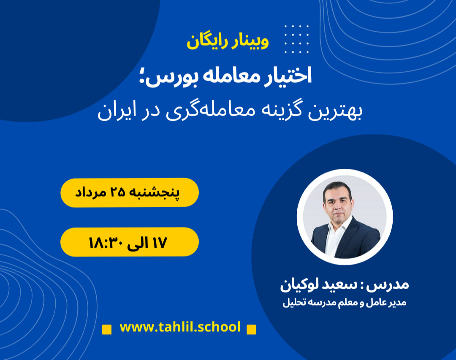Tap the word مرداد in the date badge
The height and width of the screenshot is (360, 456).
(x=91, y=192)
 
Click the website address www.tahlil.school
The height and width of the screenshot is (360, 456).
(x=180, y=327)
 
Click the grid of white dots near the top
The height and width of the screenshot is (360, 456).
(x=296, y=39)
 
